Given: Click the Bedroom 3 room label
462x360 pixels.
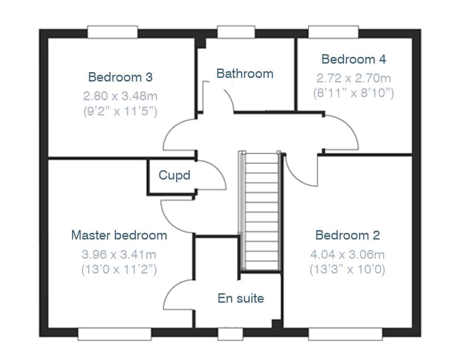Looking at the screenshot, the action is click(x=120, y=77).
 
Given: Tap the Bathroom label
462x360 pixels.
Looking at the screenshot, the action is click(x=245, y=73).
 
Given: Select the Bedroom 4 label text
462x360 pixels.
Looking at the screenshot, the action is click(x=354, y=59).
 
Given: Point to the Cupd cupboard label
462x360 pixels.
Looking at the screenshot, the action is click(x=175, y=175).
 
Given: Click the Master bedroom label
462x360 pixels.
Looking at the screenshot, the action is click(x=119, y=235).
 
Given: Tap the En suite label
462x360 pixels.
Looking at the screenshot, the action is click(x=241, y=298).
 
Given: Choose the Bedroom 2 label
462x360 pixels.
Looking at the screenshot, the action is click(x=347, y=235).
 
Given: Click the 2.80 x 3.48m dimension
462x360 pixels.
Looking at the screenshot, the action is click(x=120, y=96).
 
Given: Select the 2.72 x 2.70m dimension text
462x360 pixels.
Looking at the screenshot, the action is click(x=354, y=78).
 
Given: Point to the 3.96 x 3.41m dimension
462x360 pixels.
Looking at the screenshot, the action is click(x=119, y=254).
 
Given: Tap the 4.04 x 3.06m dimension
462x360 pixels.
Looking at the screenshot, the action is click(x=347, y=254).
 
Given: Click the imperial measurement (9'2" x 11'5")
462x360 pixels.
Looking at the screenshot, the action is click(x=120, y=111).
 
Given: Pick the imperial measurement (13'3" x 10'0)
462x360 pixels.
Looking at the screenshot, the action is click(x=347, y=269).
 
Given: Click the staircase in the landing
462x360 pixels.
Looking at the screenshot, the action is click(x=260, y=211).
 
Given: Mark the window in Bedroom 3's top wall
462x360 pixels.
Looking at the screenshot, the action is click(x=112, y=32).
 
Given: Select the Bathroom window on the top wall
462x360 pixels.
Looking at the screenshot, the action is click(x=236, y=32).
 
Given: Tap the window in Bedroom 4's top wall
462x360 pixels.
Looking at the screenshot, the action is click(x=334, y=32).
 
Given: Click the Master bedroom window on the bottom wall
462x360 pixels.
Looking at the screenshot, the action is click(x=115, y=334).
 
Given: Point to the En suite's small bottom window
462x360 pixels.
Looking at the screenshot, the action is click(x=231, y=334).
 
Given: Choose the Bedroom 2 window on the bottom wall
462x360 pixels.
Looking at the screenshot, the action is click(x=346, y=334).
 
